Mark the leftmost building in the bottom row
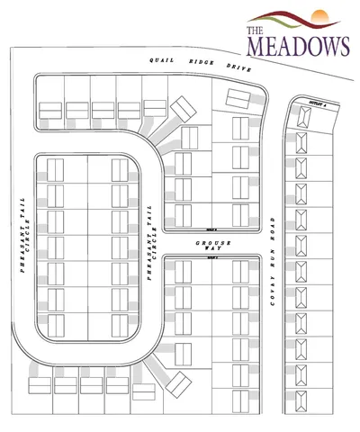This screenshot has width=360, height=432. click(41, 385)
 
